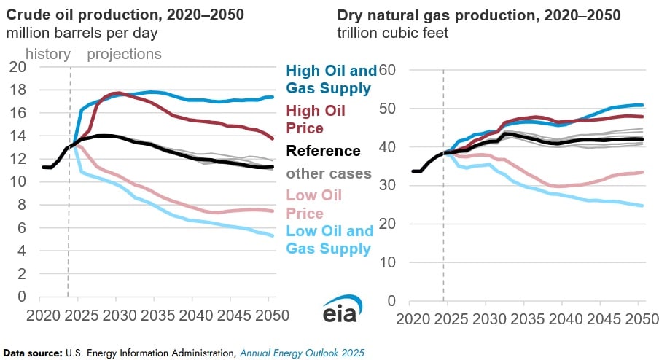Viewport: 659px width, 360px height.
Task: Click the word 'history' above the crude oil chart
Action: point(48,54)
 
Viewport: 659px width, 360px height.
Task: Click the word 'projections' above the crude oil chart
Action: point(124,54)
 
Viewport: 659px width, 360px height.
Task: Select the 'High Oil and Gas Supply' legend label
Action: point(332,79)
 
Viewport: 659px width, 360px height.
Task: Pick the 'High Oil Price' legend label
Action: point(317,119)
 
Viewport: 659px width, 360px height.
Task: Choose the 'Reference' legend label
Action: point(323,151)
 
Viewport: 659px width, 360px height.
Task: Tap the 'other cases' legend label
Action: point(329,173)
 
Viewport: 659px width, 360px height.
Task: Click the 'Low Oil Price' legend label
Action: point(313,204)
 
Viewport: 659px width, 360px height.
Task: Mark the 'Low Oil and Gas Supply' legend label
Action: point(329,240)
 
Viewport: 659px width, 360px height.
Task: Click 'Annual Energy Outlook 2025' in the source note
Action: point(302,352)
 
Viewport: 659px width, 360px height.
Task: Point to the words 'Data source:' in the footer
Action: point(31,352)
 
